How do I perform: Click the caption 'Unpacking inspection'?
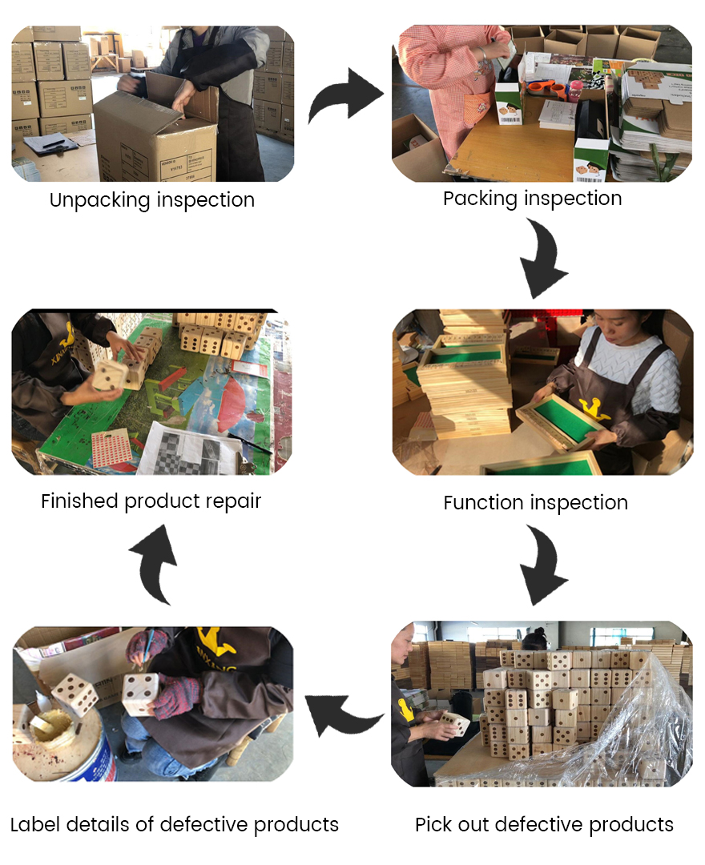(152, 199)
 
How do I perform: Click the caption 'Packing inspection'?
(532, 198)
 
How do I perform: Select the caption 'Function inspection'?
(535, 502)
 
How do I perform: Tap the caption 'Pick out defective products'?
(544, 824)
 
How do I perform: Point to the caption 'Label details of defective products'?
(175, 824)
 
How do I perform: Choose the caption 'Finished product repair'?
(151, 501)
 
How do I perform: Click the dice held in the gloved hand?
(140, 694)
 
